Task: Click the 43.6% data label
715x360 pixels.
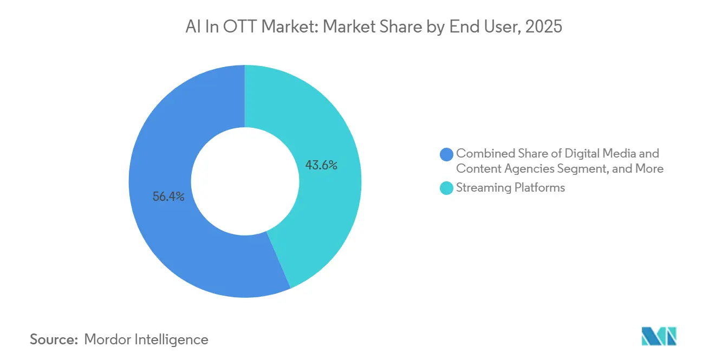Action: [321, 165]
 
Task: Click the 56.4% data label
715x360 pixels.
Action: [168, 197]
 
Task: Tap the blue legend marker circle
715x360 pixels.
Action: [446, 154]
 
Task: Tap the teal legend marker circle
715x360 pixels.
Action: [446, 188]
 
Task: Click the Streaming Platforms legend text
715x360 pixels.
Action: [510, 188]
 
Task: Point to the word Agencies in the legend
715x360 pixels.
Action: [529, 169]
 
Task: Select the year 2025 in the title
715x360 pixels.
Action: [544, 27]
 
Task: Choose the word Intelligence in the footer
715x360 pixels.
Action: [171, 339]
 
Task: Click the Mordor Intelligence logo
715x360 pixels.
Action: [659, 336]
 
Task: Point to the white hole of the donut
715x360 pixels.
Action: [245, 181]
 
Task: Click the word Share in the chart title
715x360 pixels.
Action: [401, 27]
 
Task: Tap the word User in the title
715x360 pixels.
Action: [503, 27]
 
